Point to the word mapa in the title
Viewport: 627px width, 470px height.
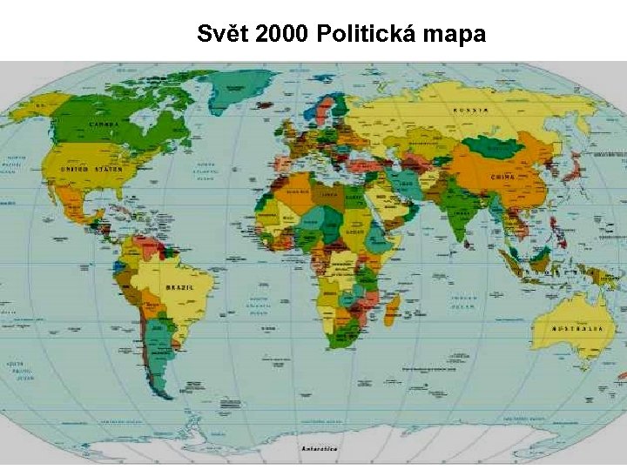[x=455, y=35]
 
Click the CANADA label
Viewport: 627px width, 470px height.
[x=104, y=124]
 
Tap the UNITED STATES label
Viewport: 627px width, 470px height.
[x=91, y=170]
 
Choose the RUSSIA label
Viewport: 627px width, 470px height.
[x=470, y=111]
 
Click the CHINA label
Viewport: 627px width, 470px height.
[x=503, y=177]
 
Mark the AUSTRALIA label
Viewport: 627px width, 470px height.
[x=577, y=329]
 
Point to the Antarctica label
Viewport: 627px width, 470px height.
[x=319, y=449]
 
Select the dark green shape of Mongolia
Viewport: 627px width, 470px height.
[x=492, y=145]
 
